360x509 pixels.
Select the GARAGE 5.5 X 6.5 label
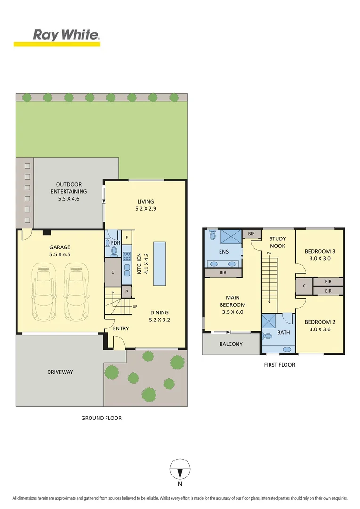tap(60, 251)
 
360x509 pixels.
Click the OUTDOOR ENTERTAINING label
tap(69, 191)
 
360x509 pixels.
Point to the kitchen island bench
tap(160, 263)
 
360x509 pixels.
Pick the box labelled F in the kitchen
tap(127, 237)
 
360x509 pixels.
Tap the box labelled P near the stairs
tap(127, 292)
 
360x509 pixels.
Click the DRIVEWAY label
tap(60, 372)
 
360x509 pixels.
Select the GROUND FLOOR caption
tap(101, 418)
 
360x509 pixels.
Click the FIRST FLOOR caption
tap(280, 365)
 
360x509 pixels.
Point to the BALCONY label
tap(231, 344)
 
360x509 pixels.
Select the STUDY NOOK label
tap(278, 242)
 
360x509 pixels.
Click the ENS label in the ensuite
tap(224, 252)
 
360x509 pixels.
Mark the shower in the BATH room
tap(269, 321)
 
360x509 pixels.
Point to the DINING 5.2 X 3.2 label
tap(159, 316)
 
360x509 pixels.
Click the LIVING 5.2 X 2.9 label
tap(146, 205)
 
